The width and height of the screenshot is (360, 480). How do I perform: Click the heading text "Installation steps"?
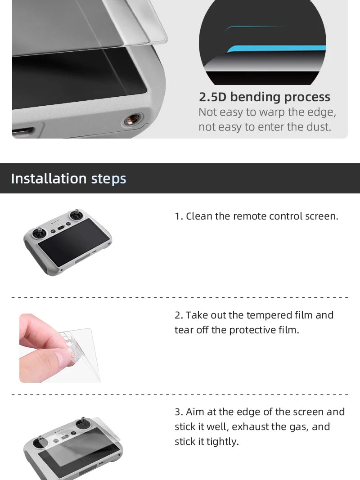click(68, 179)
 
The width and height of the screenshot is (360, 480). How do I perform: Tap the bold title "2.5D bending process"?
click(264, 97)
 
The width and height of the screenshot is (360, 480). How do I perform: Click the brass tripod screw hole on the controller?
click(131, 120)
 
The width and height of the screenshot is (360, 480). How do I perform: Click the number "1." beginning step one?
click(179, 216)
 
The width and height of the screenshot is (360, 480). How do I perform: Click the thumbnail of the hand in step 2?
click(58, 348)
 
